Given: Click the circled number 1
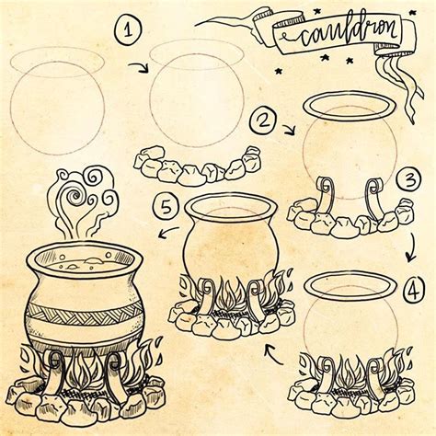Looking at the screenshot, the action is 129,30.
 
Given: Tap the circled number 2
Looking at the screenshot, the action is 264,120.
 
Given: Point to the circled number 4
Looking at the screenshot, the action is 413,290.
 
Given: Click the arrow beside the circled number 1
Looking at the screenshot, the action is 139,68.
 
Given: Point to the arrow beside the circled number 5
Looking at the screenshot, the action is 168,232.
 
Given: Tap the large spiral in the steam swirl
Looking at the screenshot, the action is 73,196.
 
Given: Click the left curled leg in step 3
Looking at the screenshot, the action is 324,195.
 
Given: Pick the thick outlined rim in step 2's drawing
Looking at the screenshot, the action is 349,106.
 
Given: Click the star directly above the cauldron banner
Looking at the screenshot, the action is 316,12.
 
